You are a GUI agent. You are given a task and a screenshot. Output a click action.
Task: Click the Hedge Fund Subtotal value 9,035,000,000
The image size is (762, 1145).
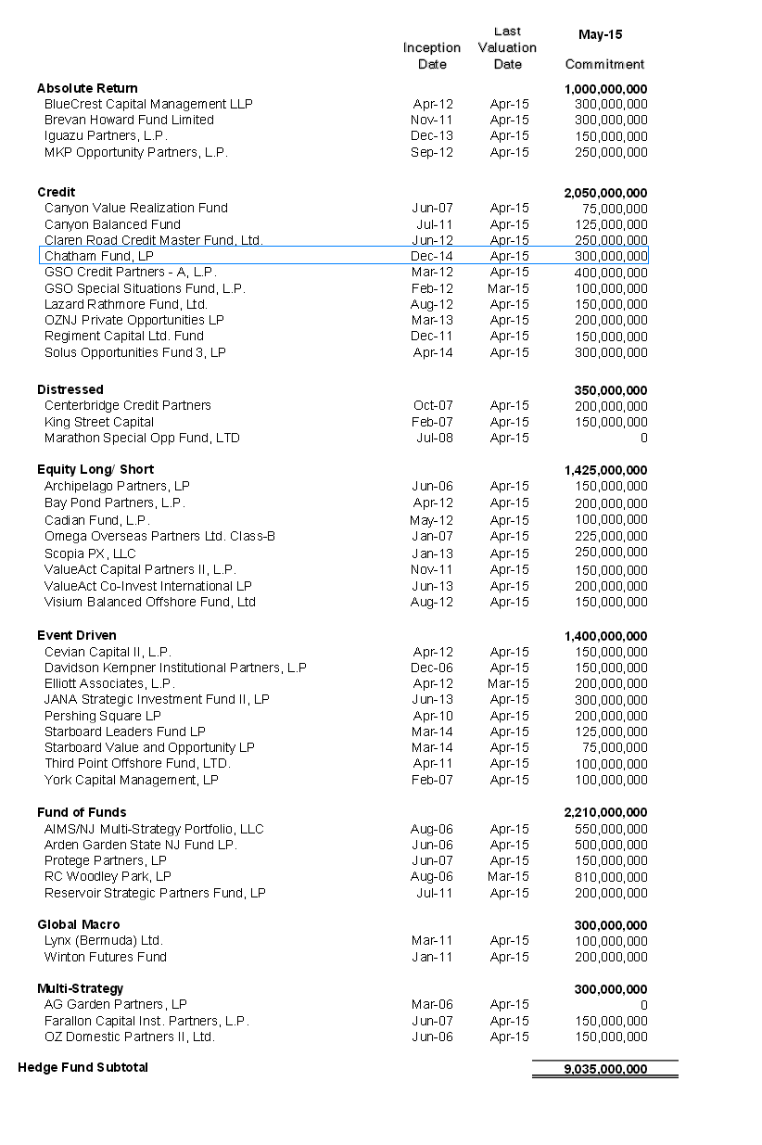coord(605,1069)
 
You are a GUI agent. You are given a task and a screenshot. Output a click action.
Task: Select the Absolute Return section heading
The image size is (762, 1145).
coord(87,88)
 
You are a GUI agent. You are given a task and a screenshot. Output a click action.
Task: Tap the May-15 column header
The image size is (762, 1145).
coord(600,34)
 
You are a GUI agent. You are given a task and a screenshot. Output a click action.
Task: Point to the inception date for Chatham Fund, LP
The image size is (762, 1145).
coord(432,256)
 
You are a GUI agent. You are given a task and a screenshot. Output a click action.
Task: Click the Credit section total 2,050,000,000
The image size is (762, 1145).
coord(605,192)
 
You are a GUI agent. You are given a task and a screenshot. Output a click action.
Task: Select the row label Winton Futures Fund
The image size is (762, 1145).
coord(106,957)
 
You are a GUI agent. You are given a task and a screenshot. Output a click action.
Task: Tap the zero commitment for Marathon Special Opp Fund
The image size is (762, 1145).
coord(643,438)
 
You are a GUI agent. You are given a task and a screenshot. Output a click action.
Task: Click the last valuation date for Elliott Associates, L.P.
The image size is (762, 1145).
coord(509,683)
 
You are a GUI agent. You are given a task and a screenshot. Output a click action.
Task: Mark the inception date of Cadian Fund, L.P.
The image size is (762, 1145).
coord(431,520)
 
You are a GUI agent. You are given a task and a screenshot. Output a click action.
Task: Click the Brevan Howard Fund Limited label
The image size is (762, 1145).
coord(129,120)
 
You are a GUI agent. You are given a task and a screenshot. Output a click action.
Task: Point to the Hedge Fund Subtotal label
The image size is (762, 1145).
coord(83,1067)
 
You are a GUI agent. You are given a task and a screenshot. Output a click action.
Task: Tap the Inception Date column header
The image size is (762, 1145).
coord(432,56)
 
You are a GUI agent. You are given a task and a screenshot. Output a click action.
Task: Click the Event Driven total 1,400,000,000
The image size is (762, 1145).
coord(605,636)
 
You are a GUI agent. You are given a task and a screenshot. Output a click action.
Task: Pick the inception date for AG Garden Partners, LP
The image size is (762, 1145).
coord(432,1004)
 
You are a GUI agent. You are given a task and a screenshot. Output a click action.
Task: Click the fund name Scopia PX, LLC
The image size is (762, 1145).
coord(90,553)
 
